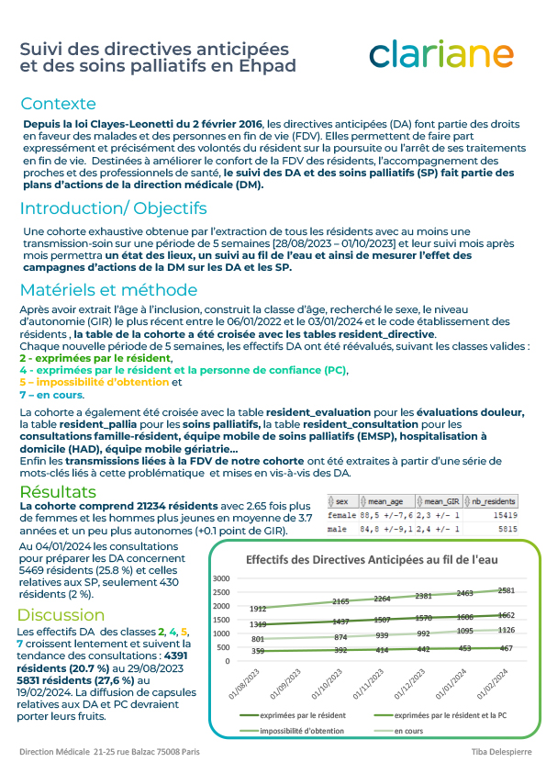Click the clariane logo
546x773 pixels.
[440, 54]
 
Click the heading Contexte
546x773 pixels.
[58, 104]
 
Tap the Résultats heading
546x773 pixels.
[58, 492]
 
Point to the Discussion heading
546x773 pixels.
[61, 614]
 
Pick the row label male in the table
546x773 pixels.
[337, 529]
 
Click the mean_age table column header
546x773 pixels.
[389, 501]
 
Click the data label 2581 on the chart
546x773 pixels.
[507, 591]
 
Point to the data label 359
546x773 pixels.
[258, 652]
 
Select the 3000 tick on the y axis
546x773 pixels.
[219, 578]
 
